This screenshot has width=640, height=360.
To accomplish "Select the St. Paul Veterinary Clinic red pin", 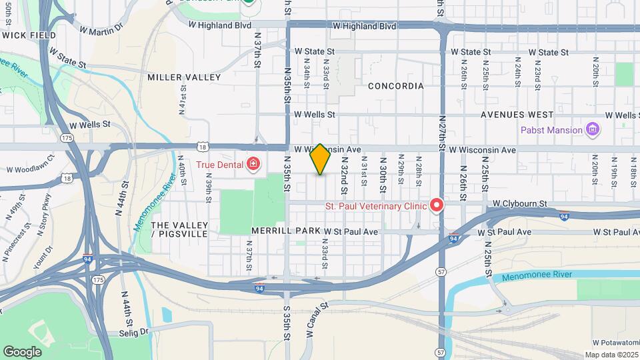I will coord(437,205).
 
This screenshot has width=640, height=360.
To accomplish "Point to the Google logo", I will coord(22,351).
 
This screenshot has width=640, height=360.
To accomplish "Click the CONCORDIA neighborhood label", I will coord(395,86).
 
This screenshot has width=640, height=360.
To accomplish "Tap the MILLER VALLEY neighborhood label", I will coord(184,77).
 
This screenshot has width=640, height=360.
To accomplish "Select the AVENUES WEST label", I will coord(517,115).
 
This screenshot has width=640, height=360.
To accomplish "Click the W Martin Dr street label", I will coord(101,29).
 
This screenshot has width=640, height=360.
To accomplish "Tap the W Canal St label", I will coord(317,321).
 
